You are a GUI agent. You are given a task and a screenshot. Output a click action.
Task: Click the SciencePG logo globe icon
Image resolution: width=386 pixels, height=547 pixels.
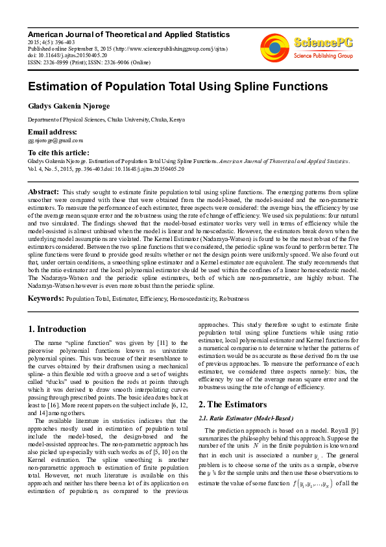click(274, 47)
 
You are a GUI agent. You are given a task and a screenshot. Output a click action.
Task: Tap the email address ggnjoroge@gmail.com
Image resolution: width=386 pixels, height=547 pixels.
click(55, 140)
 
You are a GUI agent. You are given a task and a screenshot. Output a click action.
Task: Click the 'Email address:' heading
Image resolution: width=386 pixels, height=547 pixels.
click(53, 132)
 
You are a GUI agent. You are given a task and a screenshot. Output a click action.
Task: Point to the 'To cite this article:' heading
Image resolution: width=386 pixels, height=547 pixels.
click(58, 152)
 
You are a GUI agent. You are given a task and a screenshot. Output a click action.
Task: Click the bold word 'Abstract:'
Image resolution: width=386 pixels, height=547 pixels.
click(43, 192)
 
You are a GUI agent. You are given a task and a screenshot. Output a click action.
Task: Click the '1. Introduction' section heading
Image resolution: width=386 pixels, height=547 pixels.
click(58, 329)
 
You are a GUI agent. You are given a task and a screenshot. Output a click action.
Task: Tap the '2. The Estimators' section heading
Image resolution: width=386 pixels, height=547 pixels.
click(232, 405)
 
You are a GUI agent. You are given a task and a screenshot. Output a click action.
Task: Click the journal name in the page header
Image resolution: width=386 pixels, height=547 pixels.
click(128, 34)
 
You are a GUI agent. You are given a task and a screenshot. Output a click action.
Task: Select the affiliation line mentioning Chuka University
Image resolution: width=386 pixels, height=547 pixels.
click(106, 120)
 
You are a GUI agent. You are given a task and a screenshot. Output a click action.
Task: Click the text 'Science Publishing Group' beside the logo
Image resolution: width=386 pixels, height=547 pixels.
click(323, 56)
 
